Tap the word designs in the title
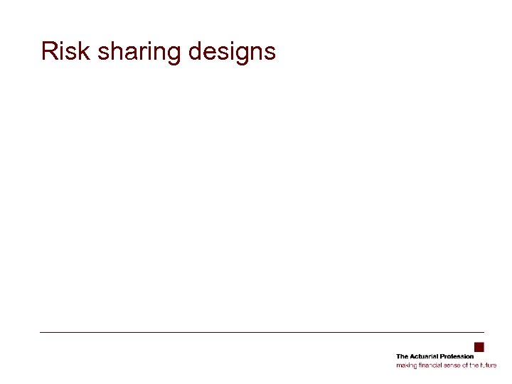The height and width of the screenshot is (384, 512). pyautogui.click(x=232, y=53)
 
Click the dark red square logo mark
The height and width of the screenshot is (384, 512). pyautogui.click(x=479, y=348)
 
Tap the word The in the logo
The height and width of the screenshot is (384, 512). pyautogui.click(x=402, y=356)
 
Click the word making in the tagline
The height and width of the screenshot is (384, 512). pyautogui.click(x=405, y=366)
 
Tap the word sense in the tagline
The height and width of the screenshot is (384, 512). pyautogui.click(x=452, y=366)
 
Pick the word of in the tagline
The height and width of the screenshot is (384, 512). pyautogui.click(x=465, y=365)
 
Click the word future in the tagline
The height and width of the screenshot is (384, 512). pyautogui.click(x=489, y=365)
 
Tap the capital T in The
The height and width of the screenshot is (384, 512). pyautogui.click(x=398, y=356)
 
